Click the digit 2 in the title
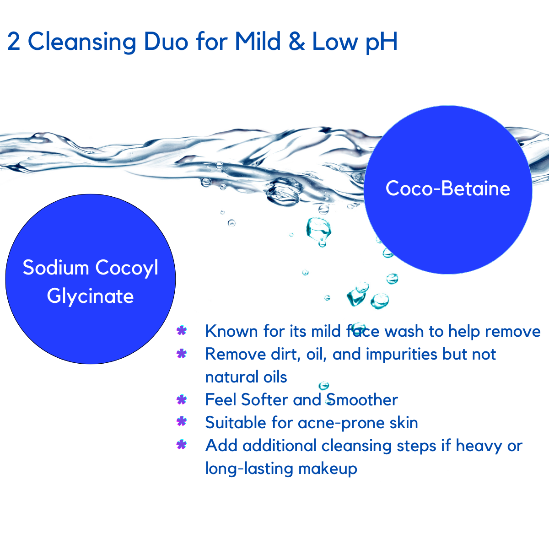point(14,42)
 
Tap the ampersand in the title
point(296,42)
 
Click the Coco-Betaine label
point(448,188)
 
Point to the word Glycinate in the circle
point(90,296)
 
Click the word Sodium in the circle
point(55,268)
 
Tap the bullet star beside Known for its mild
point(181,331)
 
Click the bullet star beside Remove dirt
point(181,354)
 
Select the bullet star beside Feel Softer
point(181,400)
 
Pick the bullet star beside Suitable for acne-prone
point(181,422)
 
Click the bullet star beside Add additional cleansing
point(181,445)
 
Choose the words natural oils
point(246,377)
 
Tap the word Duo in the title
point(166,42)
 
